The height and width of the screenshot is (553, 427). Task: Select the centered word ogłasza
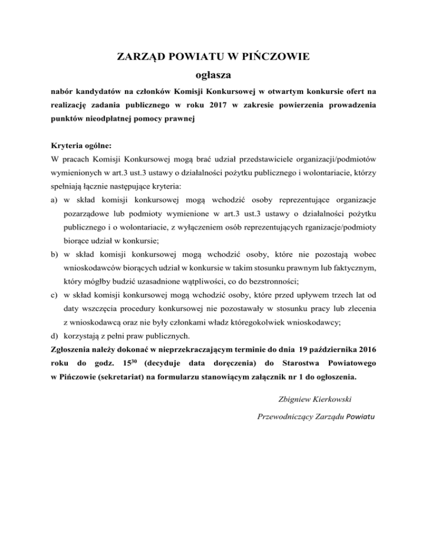click(x=214, y=73)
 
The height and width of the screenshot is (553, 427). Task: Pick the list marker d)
click(x=54, y=335)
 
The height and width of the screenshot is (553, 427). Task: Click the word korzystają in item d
click(x=83, y=335)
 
